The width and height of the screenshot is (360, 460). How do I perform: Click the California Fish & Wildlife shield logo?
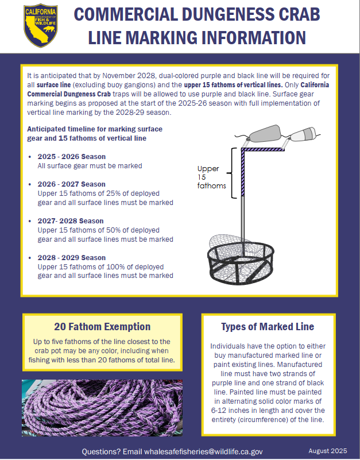tap(41, 26)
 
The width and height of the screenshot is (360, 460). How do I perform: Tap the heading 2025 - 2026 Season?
tap(72, 157)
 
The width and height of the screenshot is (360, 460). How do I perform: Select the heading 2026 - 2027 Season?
tap(72, 184)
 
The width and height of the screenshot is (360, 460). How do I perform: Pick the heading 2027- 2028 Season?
tap(71, 221)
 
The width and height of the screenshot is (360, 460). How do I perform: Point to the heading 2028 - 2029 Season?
tap(72, 258)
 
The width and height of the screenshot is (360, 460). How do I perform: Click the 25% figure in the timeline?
tap(115, 194)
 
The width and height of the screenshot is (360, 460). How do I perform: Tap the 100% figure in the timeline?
tap(115, 267)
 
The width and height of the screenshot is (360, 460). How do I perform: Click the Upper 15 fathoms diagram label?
tap(211, 177)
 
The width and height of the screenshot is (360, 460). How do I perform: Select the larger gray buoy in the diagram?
tap(265, 133)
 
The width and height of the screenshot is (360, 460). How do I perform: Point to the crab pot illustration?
tap(241, 260)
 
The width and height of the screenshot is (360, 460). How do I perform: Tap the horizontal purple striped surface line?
tap(263, 149)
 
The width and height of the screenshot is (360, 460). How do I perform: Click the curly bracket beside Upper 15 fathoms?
tap(232, 173)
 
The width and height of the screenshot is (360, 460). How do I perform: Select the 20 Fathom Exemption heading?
tap(102, 327)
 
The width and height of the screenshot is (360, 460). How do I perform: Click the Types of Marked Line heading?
tap(268, 327)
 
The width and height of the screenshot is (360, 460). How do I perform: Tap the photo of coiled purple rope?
tap(102, 408)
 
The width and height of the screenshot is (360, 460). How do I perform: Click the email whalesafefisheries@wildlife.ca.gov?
tap(203, 451)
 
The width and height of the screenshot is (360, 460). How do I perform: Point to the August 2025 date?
tap(328, 451)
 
